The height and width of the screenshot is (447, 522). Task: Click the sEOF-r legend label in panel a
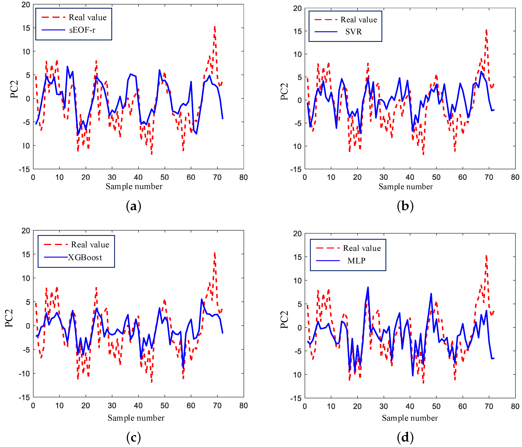coord(82,30)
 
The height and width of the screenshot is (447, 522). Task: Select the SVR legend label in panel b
coord(353,32)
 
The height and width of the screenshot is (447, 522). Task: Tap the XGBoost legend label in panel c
coord(85,258)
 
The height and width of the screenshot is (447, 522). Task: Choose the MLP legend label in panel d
coord(356,261)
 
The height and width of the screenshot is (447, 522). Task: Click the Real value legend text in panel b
coord(359,20)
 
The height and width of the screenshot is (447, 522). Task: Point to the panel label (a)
coord(134,206)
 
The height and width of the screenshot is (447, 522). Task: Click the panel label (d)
coord(405,437)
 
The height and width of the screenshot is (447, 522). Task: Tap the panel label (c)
coord(134,437)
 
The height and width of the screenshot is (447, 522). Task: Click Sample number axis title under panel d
coord(410,418)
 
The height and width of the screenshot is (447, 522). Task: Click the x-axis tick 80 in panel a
coord(243,177)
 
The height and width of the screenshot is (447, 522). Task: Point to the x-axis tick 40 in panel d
coord(410,406)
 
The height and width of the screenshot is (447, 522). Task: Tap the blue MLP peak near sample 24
coord(368,288)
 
